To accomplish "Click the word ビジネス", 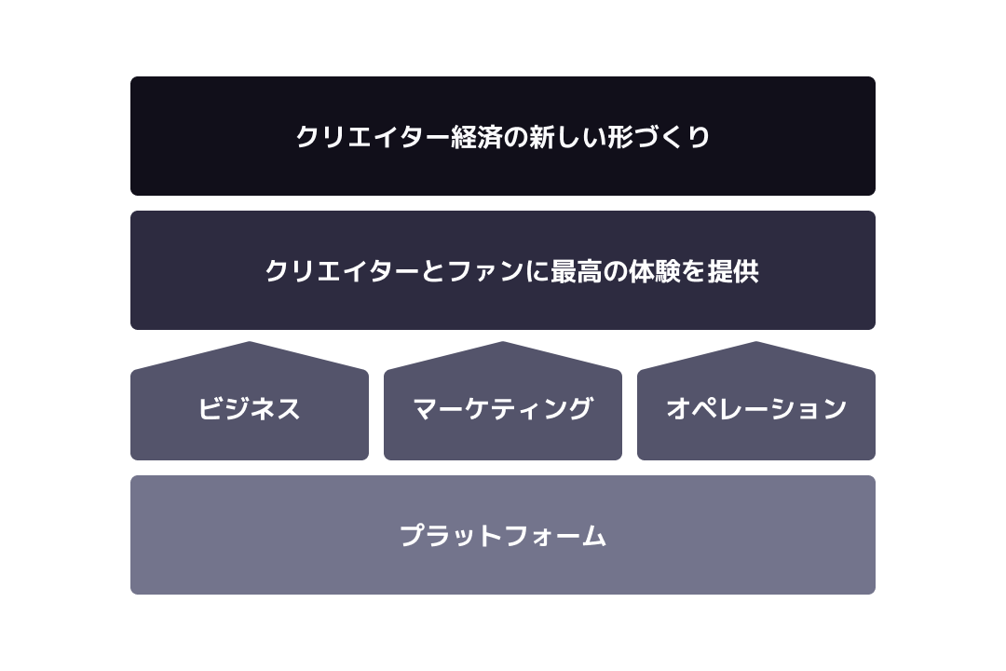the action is [x=249, y=408].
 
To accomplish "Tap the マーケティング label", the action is [x=502, y=408].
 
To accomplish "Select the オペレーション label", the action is [x=756, y=408].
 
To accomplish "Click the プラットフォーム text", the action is [x=503, y=536].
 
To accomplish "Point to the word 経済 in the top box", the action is [x=476, y=137].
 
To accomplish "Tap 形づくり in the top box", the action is [x=659, y=137].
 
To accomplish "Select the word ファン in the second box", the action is [x=485, y=271].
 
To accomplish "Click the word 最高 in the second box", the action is [x=576, y=271].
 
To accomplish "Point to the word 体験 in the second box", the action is [x=654, y=271].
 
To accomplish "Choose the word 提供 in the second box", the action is [x=733, y=271].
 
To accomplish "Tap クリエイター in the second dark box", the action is [x=342, y=271].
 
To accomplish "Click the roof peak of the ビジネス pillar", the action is [x=249, y=342].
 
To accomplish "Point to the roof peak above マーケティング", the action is [x=502, y=342].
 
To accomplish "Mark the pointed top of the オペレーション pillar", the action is [x=755, y=342].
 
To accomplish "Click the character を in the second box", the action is [x=694, y=271].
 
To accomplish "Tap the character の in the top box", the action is [x=515, y=137].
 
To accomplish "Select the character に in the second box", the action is [x=537, y=271].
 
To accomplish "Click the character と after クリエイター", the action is [x=434, y=271].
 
